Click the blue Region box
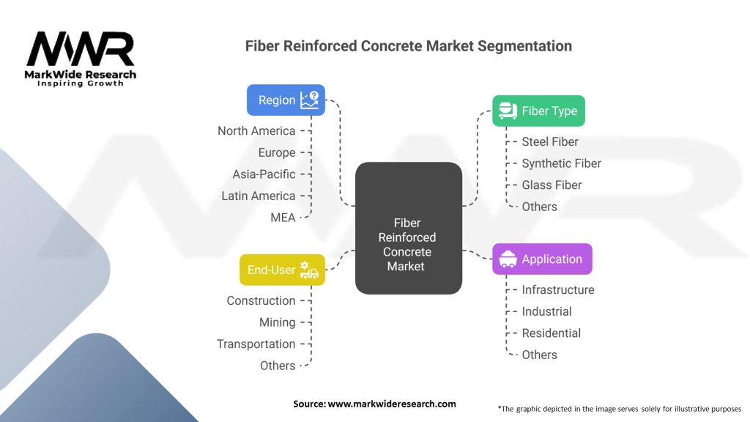(286, 100)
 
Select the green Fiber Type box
(538, 111)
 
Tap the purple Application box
(542, 259)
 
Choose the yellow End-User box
(282, 270)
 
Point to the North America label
(256, 130)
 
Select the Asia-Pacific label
(264, 174)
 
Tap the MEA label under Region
(283, 217)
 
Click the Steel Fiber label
(549, 141)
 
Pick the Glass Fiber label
(552, 185)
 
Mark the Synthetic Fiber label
(561, 163)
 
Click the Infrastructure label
(557, 289)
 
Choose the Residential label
(551, 333)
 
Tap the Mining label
(277, 322)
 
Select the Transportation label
(256, 344)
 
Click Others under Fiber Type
(539, 207)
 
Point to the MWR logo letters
(81, 49)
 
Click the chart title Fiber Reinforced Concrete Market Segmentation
(408, 45)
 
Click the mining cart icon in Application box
(507, 259)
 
